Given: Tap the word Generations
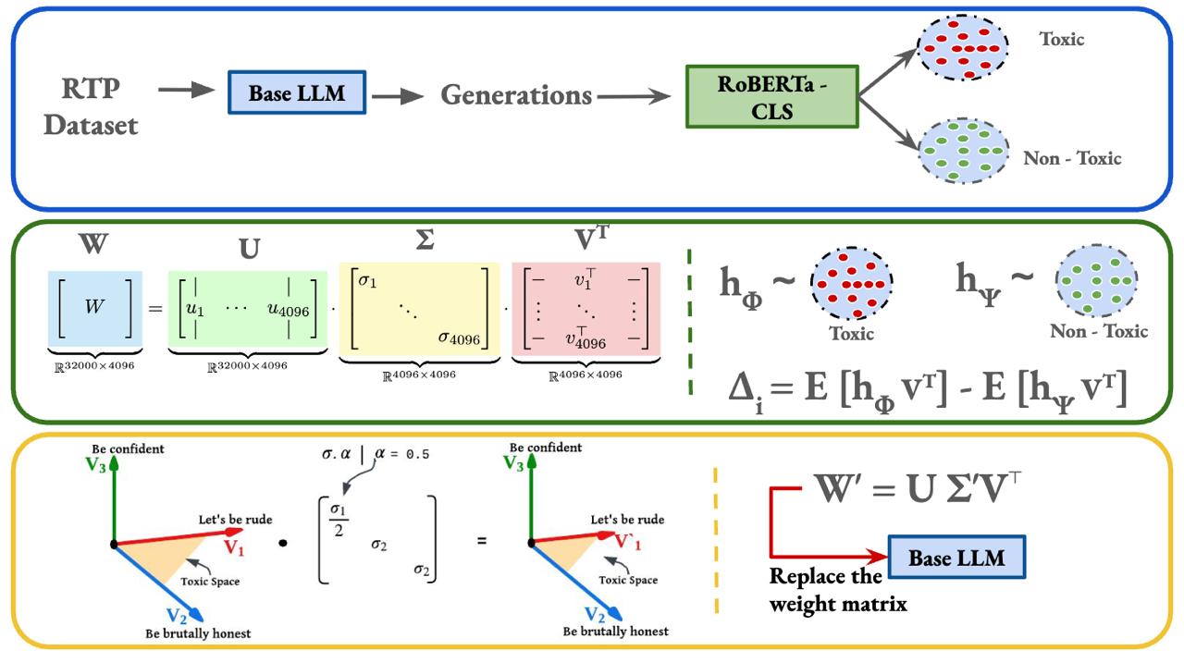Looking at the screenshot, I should coord(516,94).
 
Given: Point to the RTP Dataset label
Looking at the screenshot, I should coord(91,106).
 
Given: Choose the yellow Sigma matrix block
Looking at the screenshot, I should coord(419,308).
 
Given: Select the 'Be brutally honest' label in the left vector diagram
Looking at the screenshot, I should coord(198,633).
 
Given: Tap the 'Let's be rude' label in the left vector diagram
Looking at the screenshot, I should coord(235,520).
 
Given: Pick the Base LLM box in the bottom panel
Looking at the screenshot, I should coord(956,558).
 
